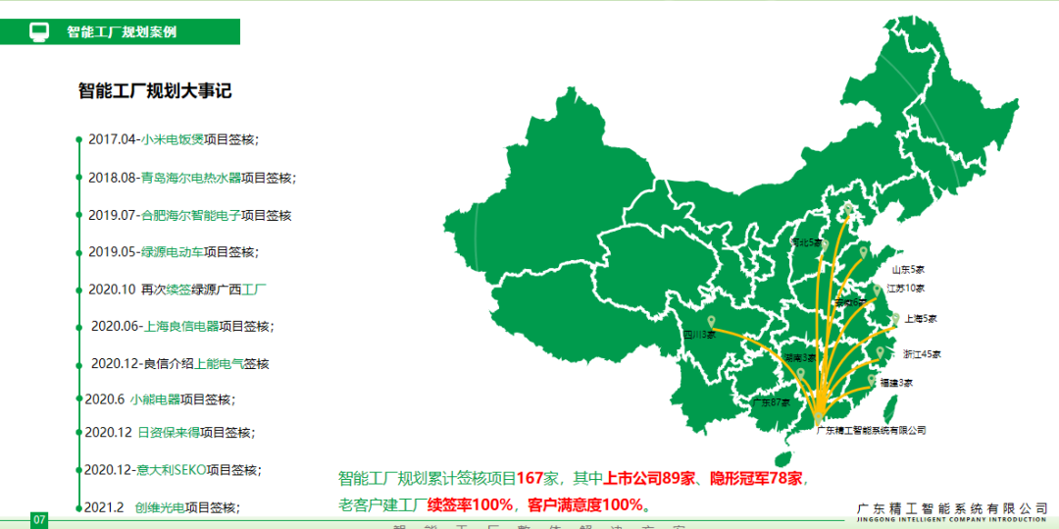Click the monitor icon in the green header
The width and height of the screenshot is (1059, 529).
pos(39,31)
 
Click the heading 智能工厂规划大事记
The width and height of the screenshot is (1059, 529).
pos(154,91)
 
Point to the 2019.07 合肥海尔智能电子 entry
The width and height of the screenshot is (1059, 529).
pos(189,215)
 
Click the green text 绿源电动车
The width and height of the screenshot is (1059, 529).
pos(173,251)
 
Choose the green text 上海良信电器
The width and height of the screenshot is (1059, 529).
pos(181,326)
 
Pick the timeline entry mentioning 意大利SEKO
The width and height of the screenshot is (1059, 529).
pos(173,469)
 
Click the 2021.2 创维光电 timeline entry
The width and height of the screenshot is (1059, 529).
pos(161,507)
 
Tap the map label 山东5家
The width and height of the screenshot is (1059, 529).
pos(908,269)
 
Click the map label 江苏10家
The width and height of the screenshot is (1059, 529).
pos(905,289)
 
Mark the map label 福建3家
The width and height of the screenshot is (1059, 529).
pos(895,383)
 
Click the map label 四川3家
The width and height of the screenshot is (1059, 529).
pos(699,335)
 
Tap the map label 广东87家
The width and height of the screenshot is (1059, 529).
pos(772,402)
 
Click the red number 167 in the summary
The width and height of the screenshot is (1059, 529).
pos(530,479)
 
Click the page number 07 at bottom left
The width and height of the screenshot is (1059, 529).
pos(39,519)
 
